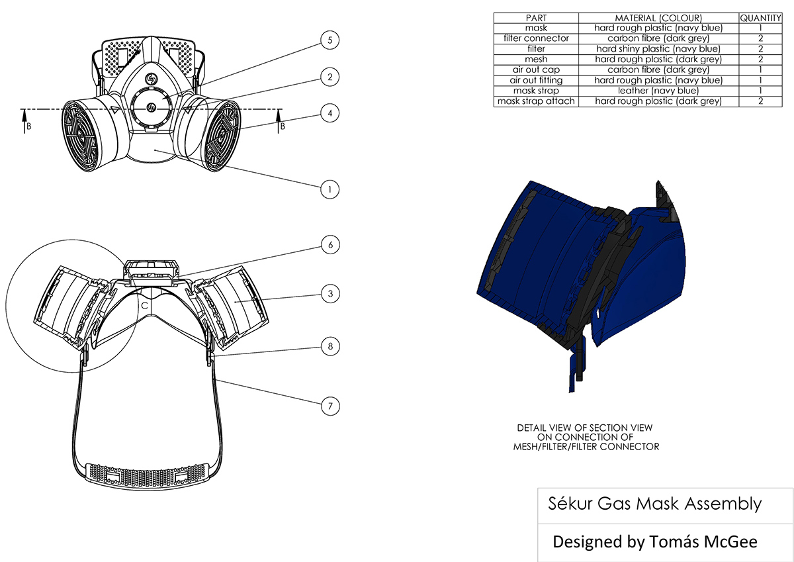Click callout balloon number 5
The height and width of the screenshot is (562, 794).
[329, 40]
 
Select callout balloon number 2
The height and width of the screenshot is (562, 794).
[329, 77]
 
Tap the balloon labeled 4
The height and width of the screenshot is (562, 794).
[329, 113]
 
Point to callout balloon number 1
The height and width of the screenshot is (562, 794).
[329, 189]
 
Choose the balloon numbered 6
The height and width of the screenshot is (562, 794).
[330, 244]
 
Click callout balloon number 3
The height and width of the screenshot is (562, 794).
[330, 293]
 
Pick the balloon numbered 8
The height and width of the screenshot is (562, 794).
[330, 346]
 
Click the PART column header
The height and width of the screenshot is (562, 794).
[536, 18]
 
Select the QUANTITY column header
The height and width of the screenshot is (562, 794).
[761, 18]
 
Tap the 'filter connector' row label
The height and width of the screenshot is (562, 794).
[536, 38]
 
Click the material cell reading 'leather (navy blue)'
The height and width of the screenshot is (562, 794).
[658, 91]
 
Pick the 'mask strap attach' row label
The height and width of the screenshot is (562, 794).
[536, 101]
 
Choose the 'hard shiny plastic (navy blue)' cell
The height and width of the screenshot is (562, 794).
[658, 49]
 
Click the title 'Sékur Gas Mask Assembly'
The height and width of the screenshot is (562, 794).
[655, 504]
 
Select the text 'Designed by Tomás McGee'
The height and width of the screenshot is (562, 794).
[655, 541]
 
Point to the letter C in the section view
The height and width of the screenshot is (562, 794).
[143, 306]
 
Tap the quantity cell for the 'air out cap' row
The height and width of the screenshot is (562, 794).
[761, 70]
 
